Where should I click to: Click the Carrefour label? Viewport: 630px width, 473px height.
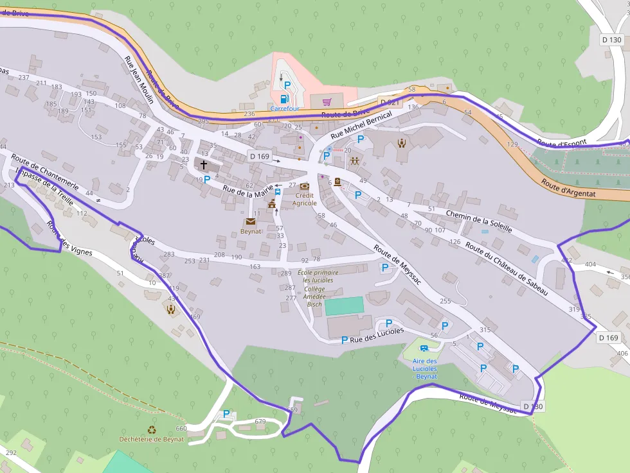point(284,109)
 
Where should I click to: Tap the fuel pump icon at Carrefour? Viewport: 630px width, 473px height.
point(283,99)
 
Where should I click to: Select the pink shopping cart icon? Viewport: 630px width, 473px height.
point(327,101)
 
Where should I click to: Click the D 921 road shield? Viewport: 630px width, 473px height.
point(390,103)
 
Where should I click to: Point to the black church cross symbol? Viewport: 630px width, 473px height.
point(204,165)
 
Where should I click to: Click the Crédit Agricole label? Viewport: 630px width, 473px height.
point(305,199)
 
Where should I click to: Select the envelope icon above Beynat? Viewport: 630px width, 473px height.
point(250,221)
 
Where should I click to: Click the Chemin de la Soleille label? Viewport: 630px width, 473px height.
point(479,221)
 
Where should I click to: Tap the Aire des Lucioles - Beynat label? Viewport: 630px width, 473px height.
point(424,369)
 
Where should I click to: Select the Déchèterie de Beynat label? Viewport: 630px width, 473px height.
point(152,440)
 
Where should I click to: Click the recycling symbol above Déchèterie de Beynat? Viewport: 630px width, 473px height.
point(152,430)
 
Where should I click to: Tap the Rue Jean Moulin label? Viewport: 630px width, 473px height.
point(139,80)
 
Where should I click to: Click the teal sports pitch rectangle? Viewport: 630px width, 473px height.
point(344,305)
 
